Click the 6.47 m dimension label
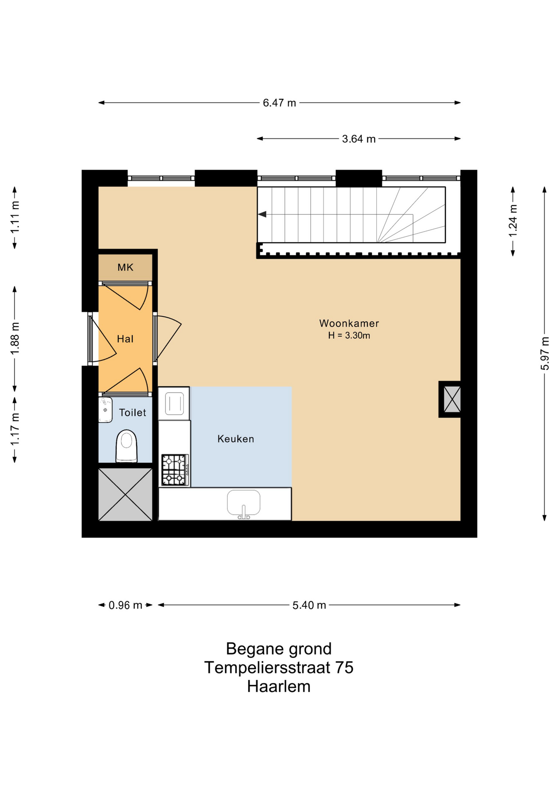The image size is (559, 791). (x=279, y=103)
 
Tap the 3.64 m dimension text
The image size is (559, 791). (x=359, y=139)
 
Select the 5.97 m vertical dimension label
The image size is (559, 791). (x=545, y=353)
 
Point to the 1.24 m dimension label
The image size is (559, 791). (x=513, y=221)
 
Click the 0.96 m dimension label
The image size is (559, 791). (x=125, y=605)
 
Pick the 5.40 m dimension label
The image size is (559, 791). (x=309, y=605)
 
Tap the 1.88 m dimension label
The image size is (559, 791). (x=15, y=338)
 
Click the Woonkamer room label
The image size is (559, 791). (x=349, y=323)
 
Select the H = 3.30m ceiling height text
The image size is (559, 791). (x=349, y=336)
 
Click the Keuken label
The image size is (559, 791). (x=236, y=439)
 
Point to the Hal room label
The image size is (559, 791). (x=125, y=339)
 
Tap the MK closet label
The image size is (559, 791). (x=126, y=267)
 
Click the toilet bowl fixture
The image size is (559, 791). (x=126, y=446)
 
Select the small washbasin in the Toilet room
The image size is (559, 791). (x=105, y=410)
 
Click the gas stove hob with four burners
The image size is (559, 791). (x=175, y=470)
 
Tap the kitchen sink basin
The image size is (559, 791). (x=244, y=503)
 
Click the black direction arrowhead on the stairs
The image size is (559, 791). (x=262, y=214)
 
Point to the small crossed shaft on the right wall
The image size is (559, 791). (x=452, y=399)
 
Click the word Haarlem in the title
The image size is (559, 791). (x=279, y=687)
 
